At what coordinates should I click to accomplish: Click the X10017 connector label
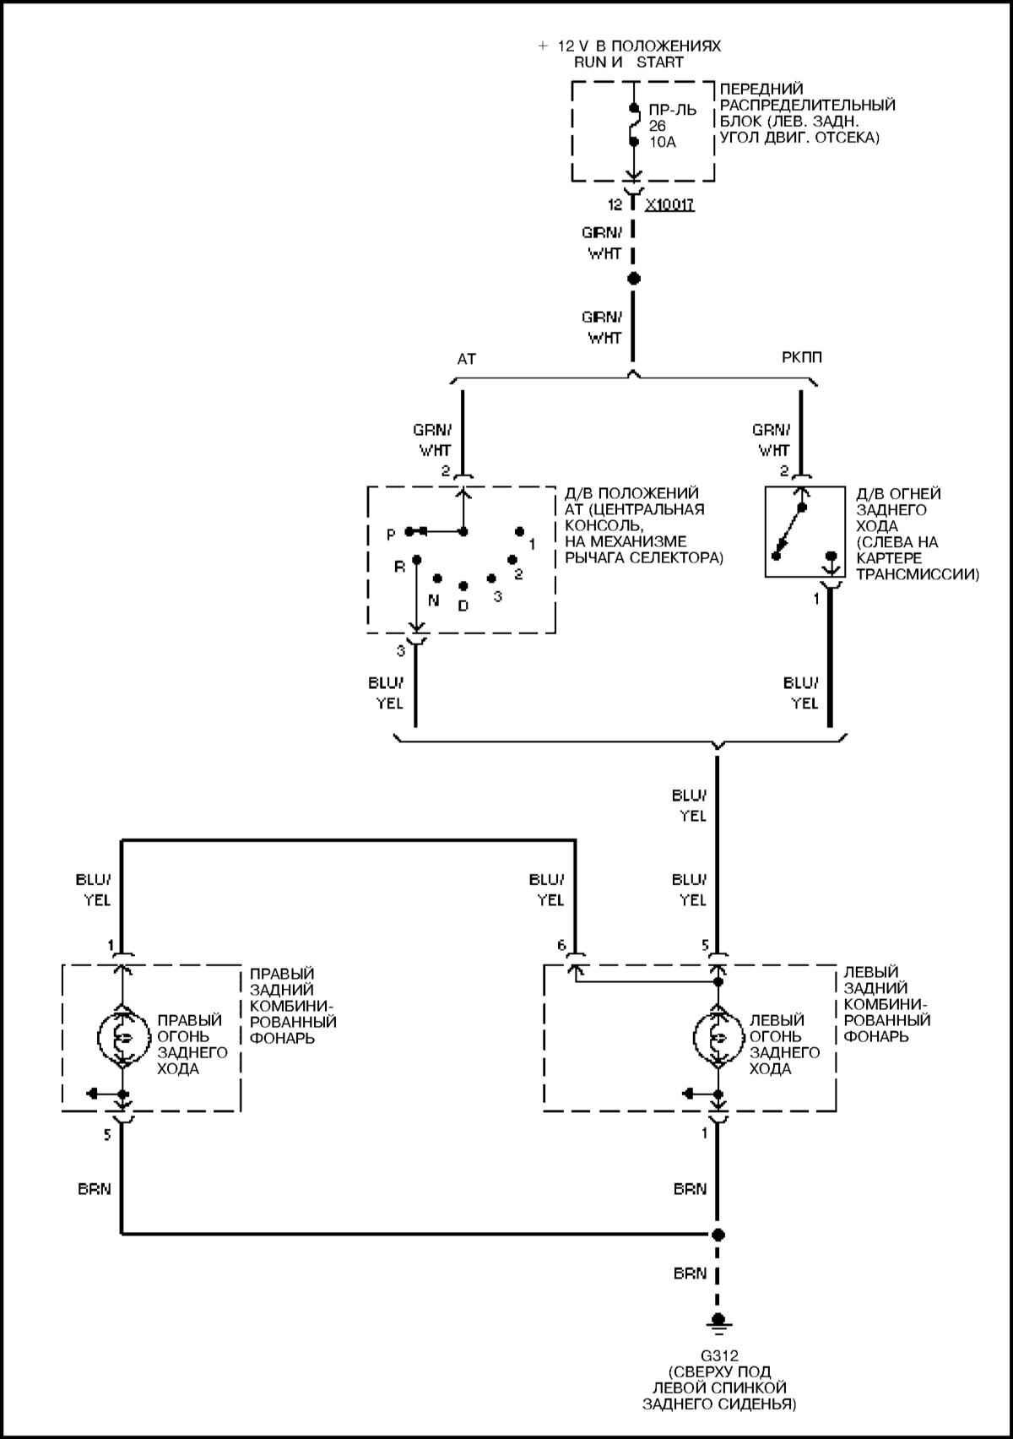coord(669,205)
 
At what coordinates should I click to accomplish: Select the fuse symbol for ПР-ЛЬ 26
coord(633,125)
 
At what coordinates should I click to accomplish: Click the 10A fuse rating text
coord(663,142)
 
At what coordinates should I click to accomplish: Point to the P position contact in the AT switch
coord(409,531)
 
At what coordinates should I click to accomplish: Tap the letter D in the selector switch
coord(463,605)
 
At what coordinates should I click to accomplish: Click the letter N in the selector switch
coord(434,600)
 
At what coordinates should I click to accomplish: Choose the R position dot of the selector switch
coord(416,559)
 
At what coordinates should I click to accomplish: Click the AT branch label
coord(467,359)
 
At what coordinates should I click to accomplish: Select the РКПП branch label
coord(802,358)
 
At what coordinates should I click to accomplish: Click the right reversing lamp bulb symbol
coord(122,1038)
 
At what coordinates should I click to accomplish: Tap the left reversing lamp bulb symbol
coord(718,1038)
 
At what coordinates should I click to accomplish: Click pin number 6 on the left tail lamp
coord(561,946)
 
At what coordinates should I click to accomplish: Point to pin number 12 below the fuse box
coord(615,205)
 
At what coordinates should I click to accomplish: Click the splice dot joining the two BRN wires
coord(718,1235)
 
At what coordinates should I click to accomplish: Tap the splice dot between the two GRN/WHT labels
coord(634,279)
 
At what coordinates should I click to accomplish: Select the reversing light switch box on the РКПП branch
coord(804,532)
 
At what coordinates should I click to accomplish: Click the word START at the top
coord(659,62)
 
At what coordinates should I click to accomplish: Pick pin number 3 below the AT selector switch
coord(401,650)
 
